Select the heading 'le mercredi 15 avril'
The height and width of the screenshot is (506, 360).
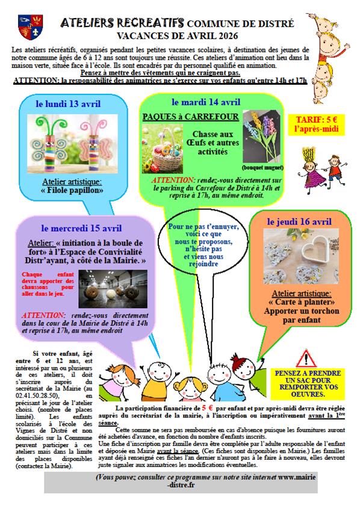click(82, 228)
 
